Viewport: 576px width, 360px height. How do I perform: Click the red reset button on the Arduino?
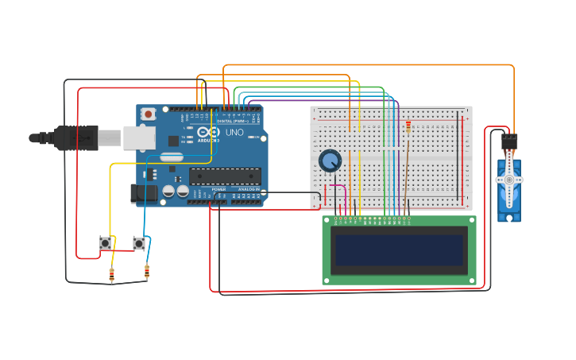(148, 114)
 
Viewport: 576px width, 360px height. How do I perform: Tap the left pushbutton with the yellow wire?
(105, 243)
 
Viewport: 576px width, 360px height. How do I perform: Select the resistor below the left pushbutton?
(111, 275)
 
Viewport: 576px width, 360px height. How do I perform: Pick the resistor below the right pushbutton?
(147, 273)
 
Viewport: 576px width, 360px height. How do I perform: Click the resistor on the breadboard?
(408, 126)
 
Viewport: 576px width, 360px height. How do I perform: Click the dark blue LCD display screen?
(400, 250)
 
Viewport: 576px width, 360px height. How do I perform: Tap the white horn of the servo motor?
(508, 180)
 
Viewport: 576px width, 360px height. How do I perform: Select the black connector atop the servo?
(509, 142)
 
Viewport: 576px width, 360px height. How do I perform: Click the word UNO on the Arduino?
(234, 133)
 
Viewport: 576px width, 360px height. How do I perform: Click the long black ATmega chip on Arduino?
(224, 176)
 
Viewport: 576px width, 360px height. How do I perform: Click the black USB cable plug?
(75, 137)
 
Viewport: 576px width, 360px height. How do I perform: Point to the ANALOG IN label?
(248, 189)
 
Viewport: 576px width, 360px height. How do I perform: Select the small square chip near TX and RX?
(173, 141)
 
